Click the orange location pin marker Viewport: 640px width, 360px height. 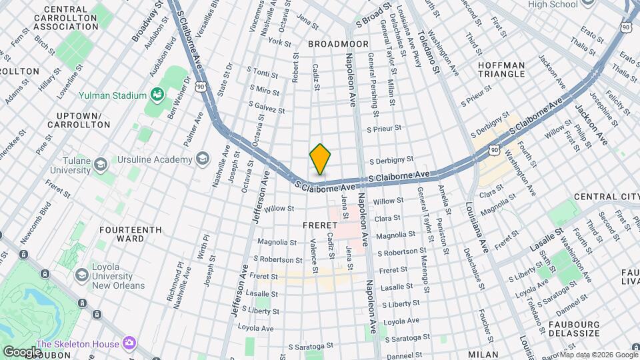(x=320, y=159)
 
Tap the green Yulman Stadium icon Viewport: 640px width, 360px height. (x=157, y=95)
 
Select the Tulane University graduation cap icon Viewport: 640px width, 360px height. (x=101, y=165)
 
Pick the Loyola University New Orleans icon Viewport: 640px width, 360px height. (x=82, y=275)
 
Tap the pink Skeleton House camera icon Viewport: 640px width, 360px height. (x=129, y=343)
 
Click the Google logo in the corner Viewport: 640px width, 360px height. (x=22, y=351)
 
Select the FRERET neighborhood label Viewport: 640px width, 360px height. (x=320, y=225)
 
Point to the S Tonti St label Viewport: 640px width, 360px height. (x=262, y=71)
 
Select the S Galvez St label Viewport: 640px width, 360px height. (x=266, y=105)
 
